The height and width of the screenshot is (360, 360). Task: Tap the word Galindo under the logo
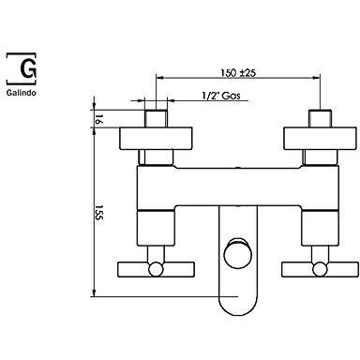coord(22,93)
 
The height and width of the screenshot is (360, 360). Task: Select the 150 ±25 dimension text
coord(238,73)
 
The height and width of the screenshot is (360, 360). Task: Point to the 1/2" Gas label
coord(221,96)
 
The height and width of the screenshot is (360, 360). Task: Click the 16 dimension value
coord(98,119)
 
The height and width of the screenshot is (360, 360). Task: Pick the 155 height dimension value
coord(98,213)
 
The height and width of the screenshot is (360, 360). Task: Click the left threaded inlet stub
coord(156,118)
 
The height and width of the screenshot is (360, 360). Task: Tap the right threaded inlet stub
coord(320,118)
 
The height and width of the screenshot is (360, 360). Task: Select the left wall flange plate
coord(156,138)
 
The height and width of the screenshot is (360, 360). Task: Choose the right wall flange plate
coord(320,138)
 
